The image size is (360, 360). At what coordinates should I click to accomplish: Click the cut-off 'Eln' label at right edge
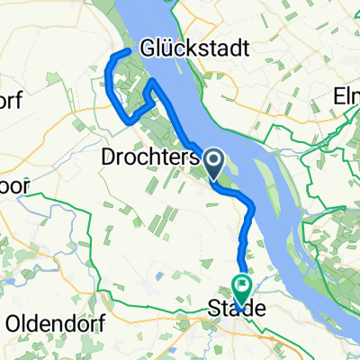[x=346, y=93]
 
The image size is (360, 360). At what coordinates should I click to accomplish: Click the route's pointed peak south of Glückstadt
[x=154, y=81]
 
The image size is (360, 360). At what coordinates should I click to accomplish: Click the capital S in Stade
[x=216, y=308]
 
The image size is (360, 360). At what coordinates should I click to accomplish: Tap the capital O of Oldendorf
[x=14, y=321]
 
